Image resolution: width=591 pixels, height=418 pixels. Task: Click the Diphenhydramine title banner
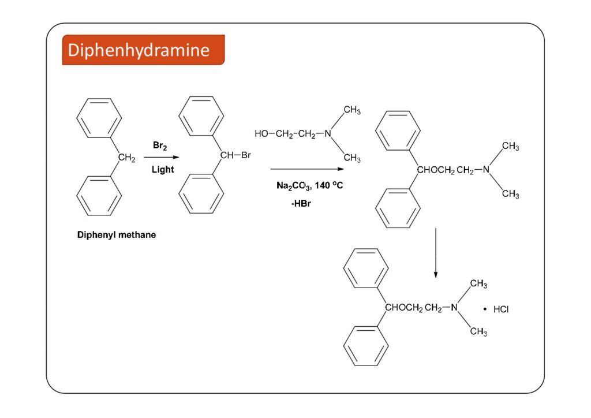pyautogui.click(x=143, y=50)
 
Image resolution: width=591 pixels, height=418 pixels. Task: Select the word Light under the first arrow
pyautogui.click(x=162, y=170)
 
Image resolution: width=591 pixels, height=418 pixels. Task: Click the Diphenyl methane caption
pyautogui.click(x=117, y=235)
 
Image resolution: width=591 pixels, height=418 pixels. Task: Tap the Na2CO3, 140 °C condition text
pyautogui.click(x=310, y=186)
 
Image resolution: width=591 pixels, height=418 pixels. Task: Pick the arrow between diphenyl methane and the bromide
pyautogui.click(x=161, y=157)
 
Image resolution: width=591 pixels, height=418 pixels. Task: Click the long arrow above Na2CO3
pyautogui.click(x=307, y=169)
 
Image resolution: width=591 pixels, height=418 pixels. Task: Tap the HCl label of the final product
pyautogui.click(x=501, y=309)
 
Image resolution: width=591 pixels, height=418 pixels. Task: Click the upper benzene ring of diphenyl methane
pyautogui.click(x=99, y=118)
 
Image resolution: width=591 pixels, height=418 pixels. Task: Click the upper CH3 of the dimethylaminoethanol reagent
pyautogui.click(x=352, y=110)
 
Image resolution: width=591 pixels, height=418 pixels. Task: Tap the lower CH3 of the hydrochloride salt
pyautogui.click(x=478, y=332)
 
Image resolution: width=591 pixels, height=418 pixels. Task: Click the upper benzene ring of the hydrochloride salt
pyautogui.click(x=366, y=268)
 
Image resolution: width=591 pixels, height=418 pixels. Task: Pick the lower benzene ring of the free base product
pyautogui.click(x=398, y=208)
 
